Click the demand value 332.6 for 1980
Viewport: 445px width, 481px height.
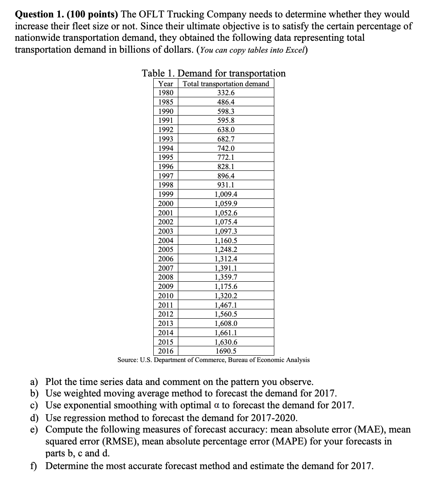click(226, 93)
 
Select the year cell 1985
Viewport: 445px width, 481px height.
click(166, 102)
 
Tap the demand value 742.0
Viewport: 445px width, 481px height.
click(226, 148)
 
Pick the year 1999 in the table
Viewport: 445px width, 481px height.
click(166, 194)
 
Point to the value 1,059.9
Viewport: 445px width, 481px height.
click(226, 204)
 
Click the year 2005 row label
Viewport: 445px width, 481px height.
click(166, 250)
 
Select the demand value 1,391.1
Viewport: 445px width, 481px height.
click(226, 268)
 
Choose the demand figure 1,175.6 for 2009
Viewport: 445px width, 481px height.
click(226, 286)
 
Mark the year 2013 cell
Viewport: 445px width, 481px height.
click(166, 323)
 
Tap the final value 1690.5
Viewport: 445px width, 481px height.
click(226, 351)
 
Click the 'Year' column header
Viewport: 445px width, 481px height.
click(166, 84)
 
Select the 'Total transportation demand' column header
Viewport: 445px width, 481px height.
click(226, 84)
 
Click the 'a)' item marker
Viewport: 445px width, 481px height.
click(35, 381)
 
